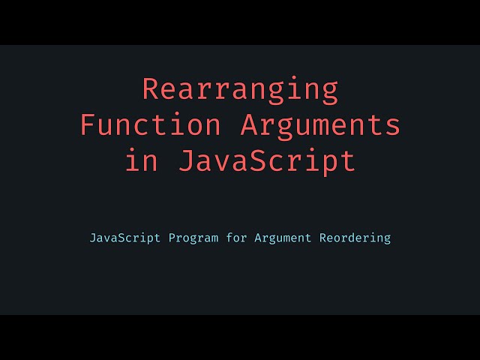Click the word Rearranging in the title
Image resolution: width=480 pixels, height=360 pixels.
(240, 90)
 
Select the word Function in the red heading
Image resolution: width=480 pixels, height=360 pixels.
(151, 125)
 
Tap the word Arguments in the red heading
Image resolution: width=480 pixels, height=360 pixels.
(320, 125)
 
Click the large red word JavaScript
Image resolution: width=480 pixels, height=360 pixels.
(267, 160)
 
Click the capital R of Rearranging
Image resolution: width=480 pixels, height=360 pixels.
(151, 90)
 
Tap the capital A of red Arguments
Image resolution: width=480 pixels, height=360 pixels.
(249, 125)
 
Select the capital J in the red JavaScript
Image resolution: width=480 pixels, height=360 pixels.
(187, 160)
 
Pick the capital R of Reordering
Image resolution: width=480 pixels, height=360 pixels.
(323, 238)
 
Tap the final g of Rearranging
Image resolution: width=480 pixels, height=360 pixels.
(329, 91)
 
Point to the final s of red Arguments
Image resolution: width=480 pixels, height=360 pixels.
(391, 125)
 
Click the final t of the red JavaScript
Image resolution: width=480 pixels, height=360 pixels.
(347, 160)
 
